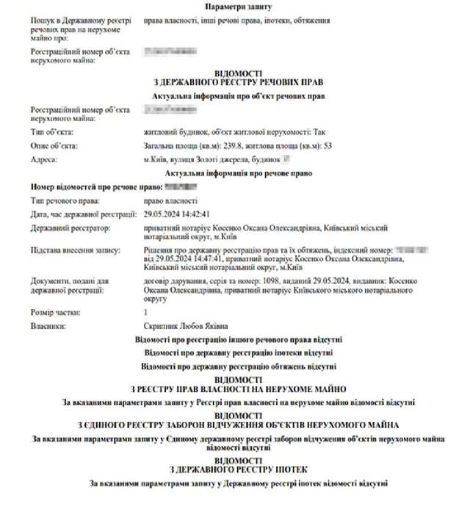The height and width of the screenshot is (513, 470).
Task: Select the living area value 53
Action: (x=328, y=145)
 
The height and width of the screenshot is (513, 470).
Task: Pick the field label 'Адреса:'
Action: (x=44, y=159)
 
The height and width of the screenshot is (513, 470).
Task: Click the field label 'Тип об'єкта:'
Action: (x=52, y=132)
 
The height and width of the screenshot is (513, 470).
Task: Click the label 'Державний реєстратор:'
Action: (x=70, y=229)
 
